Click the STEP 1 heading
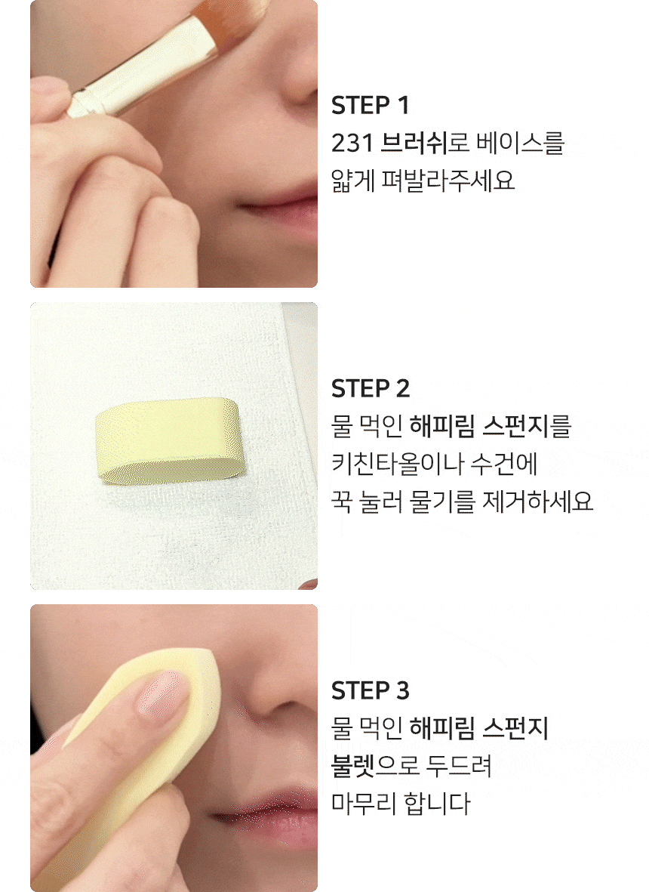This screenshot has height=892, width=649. click(370, 105)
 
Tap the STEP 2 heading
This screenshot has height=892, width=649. click(371, 388)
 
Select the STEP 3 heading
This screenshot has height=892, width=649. click(371, 690)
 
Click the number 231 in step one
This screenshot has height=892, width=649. click(352, 143)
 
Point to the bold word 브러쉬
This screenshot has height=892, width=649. click(413, 143)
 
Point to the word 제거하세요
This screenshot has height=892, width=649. click(537, 502)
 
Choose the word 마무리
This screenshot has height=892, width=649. click(361, 804)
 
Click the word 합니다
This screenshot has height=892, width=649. click(436, 804)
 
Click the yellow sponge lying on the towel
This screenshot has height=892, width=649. click(167, 441)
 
